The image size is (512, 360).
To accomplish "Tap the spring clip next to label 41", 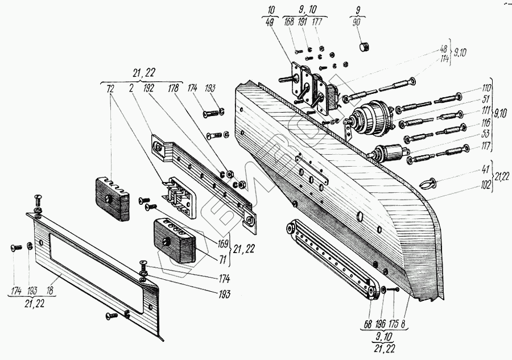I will coord(428,183).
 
